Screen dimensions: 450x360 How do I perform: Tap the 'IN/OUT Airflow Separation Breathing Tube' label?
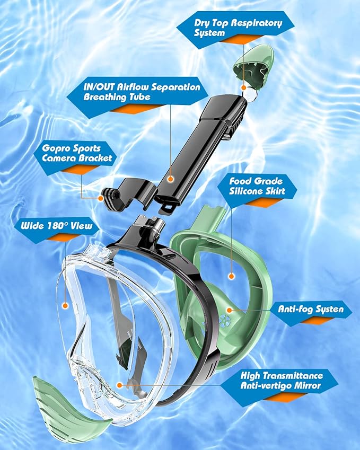(x=142, y=91)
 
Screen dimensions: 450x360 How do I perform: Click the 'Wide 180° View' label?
(x=57, y=226)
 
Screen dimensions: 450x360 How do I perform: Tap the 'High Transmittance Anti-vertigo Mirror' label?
(x=281, y=380)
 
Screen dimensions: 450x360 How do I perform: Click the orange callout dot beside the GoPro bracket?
(x=101, y=198)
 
